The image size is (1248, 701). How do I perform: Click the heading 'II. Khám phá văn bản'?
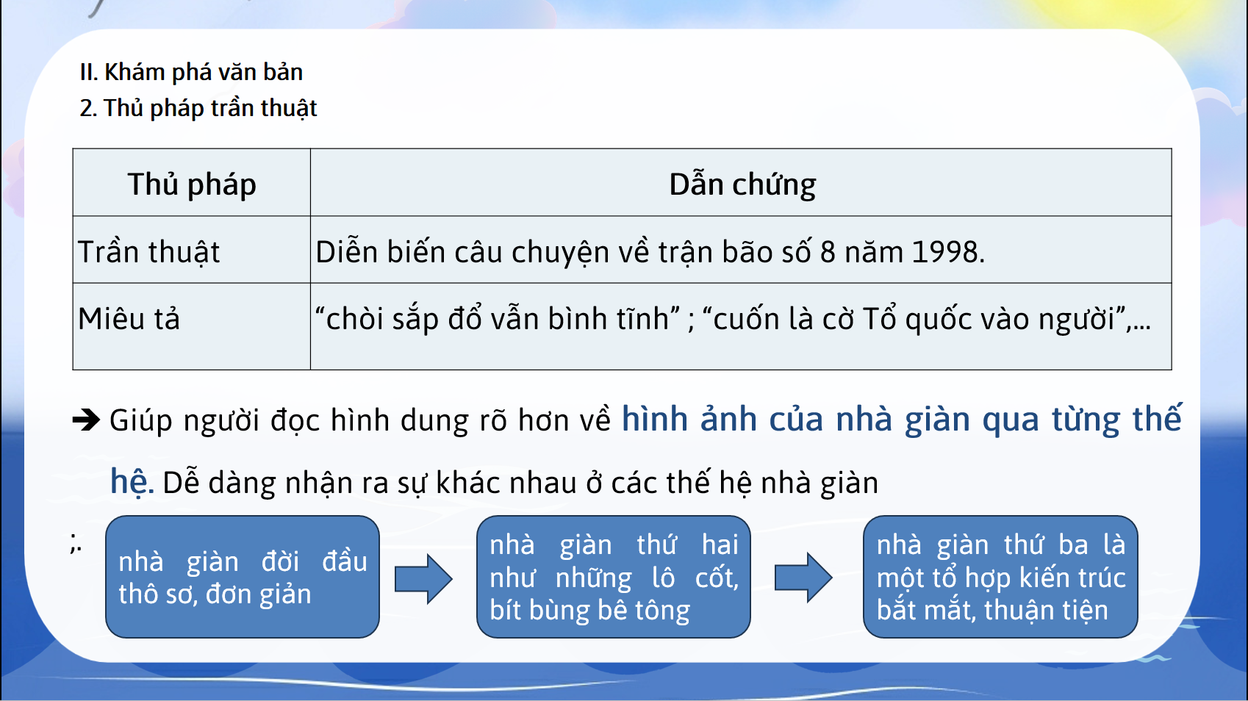pos(191,73)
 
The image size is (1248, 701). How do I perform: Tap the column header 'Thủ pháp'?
pos(192,184)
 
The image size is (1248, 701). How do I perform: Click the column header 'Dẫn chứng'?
pos(742,184)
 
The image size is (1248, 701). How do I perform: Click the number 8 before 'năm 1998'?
pos(828,252)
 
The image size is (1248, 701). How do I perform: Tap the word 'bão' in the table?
pos(747,252)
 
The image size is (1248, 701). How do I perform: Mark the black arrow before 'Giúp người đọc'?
pos(86,420)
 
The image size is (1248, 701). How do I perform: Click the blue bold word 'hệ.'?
pos(132,481)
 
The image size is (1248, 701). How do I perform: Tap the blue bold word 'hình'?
pos(655,419)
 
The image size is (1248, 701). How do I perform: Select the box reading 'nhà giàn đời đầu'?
pos(243,577)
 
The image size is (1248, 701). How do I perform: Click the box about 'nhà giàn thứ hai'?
pos(614,577)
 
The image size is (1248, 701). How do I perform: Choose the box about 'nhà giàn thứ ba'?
pos(1000,577)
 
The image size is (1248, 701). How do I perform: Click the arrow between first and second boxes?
pos(423,579)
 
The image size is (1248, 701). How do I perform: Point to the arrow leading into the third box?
pos(803,578)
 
